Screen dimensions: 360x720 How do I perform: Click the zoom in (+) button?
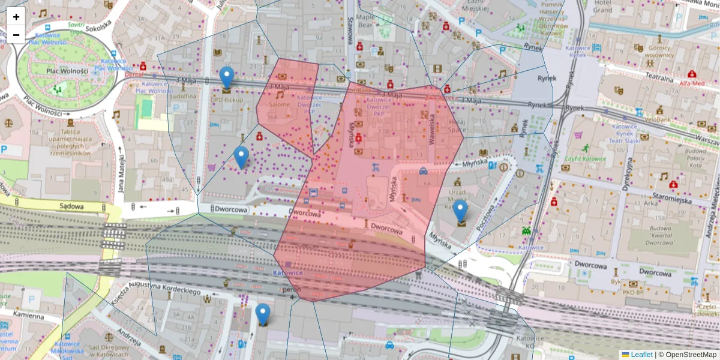(16, 17)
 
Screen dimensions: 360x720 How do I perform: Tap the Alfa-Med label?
(692, 83)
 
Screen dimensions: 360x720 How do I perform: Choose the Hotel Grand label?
(602, 7)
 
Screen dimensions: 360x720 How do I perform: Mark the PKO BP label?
(633, 292)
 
